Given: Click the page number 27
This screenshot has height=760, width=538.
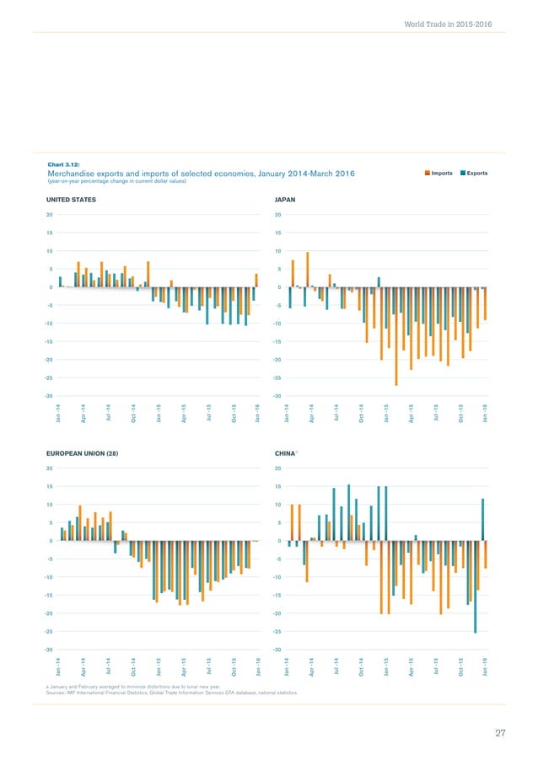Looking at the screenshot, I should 499,734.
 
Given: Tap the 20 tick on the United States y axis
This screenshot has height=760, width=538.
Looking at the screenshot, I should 50,214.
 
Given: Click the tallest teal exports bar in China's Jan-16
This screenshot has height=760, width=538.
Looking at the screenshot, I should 482,519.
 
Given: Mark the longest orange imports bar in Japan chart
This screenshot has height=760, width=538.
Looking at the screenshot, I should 396,336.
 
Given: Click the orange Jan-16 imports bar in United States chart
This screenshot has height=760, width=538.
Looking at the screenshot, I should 256,281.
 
